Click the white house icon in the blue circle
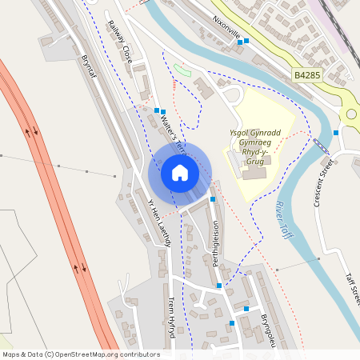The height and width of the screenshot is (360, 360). click(x=179, y=173)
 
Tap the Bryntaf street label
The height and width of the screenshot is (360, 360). click(x=88, y=66)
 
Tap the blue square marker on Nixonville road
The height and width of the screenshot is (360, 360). click(x=247, y=40)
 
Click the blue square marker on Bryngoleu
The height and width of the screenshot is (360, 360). click(x=233, y=322)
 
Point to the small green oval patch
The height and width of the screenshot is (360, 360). click(x=183, y=70)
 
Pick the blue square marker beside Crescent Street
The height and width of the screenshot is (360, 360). click(x=336, y=132)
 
